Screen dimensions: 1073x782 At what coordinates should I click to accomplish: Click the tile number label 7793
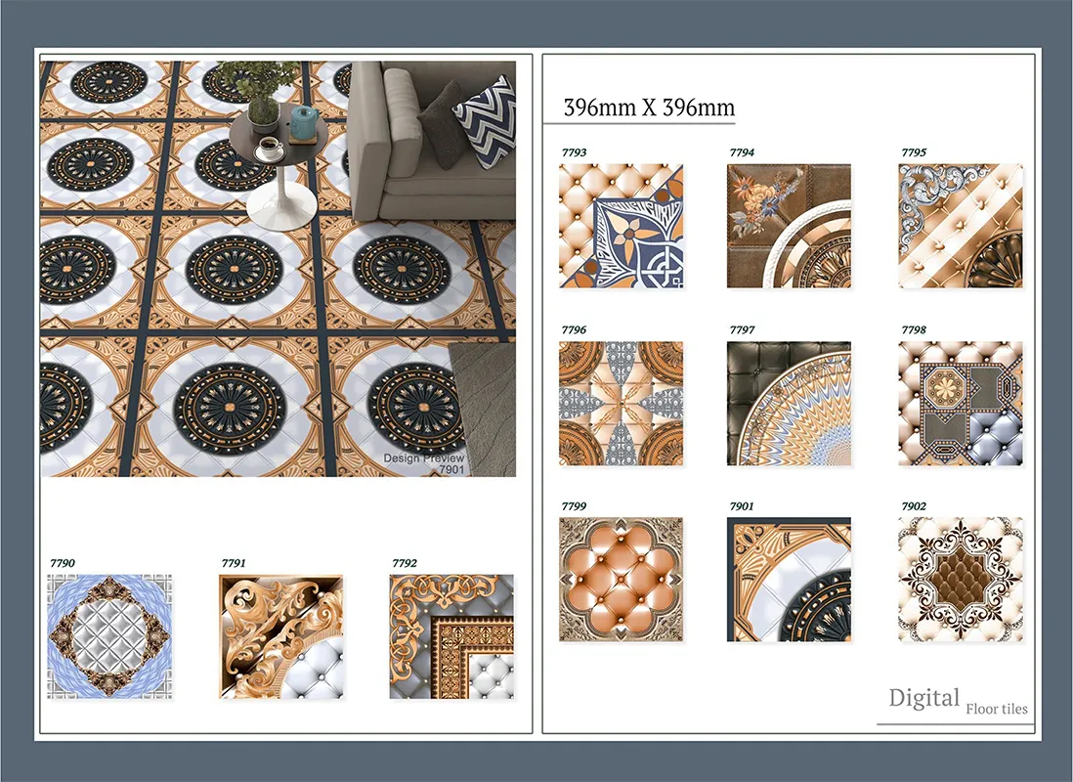click(x=574, y=152)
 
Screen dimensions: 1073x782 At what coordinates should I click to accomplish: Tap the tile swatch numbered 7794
click(x=789, y=226)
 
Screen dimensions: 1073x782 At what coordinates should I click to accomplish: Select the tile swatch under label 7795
click(x=961, y=226)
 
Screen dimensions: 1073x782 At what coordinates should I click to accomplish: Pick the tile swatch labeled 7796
click(x=621, y=404)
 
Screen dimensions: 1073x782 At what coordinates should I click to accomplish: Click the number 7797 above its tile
click(x=742, y=330)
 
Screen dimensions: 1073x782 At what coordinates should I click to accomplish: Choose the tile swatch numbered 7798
click(x=961, y=404)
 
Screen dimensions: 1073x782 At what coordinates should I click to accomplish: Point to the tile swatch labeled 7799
click(x=621, y=580)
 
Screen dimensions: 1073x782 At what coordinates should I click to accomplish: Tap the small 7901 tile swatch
click(x=789, y=580)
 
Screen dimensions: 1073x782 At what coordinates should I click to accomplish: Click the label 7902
click(x=914, y=506)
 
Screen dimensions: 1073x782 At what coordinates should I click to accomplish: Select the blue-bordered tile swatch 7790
click(x=109, y=636)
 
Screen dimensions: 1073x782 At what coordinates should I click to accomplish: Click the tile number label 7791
click(x=234, y=564)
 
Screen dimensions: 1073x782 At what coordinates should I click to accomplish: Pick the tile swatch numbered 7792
click(x=451, y=636)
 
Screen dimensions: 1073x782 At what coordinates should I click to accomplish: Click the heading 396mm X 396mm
click(x=649, y=108)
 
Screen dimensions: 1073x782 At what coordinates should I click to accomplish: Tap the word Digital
click(x=923, y=699)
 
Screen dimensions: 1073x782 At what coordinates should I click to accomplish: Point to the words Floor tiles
click(x=997, y=709)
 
